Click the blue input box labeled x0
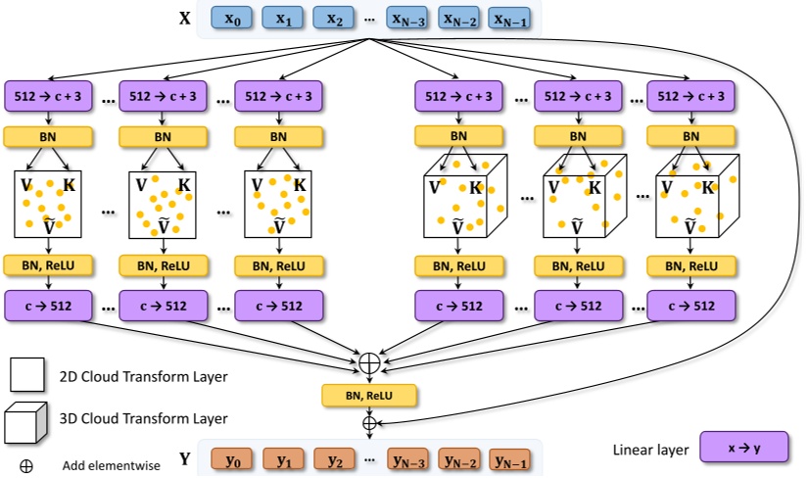click(232, 18)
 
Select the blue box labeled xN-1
click(509, 18)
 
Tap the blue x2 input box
click(334, 18)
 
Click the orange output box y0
click(232, 459)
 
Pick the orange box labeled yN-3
click(408, 459)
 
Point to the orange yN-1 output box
click(510, 459)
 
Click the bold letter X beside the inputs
click(184, 19)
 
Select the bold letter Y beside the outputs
click(184, 458)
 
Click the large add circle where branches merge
click(369, 362)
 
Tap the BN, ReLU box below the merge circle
click(369, 396)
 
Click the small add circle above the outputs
click(369, 423)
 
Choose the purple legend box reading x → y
click(744, 447)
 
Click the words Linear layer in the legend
click(650, 450)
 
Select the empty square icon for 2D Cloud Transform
click(26, 375)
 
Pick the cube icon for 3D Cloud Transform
click(25, 423)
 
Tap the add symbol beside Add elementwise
click(25, 466)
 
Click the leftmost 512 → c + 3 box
click(48, 96)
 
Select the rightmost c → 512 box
click(691, 306)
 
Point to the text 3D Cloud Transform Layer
click(143, 418)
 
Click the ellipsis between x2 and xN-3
click(369, 20)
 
